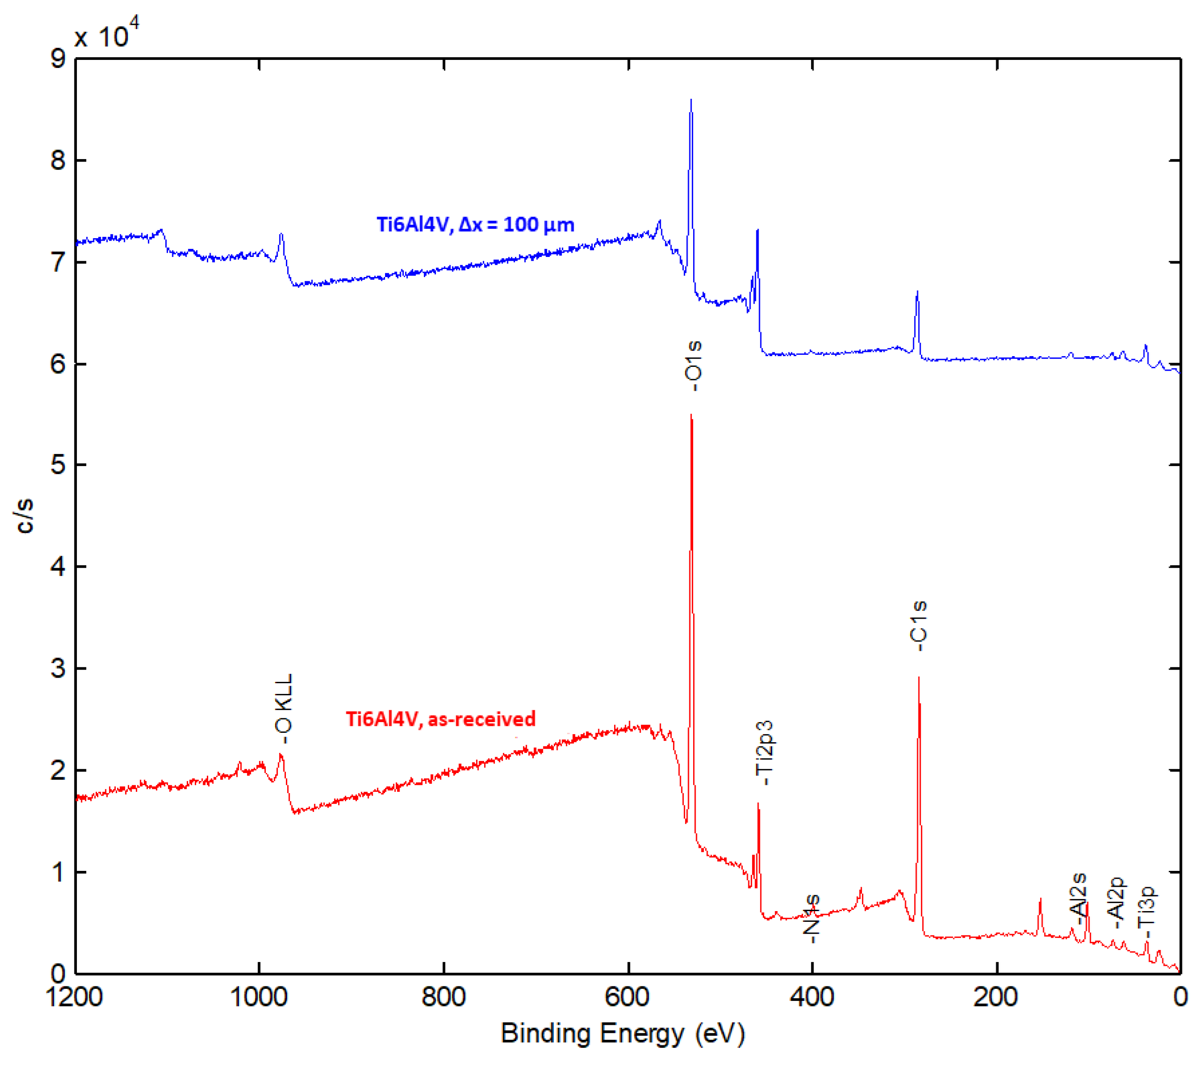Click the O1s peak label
(693, 366)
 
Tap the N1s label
(812, 918)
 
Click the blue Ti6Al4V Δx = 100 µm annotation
(475, 225)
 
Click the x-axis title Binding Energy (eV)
(623, 1033)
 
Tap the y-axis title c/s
(25, 516)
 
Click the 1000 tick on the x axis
(259, 997)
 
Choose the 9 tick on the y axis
(58, 59)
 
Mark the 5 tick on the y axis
(58, 465)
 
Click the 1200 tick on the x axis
(75, 997)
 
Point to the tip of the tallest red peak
(691, 415)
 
